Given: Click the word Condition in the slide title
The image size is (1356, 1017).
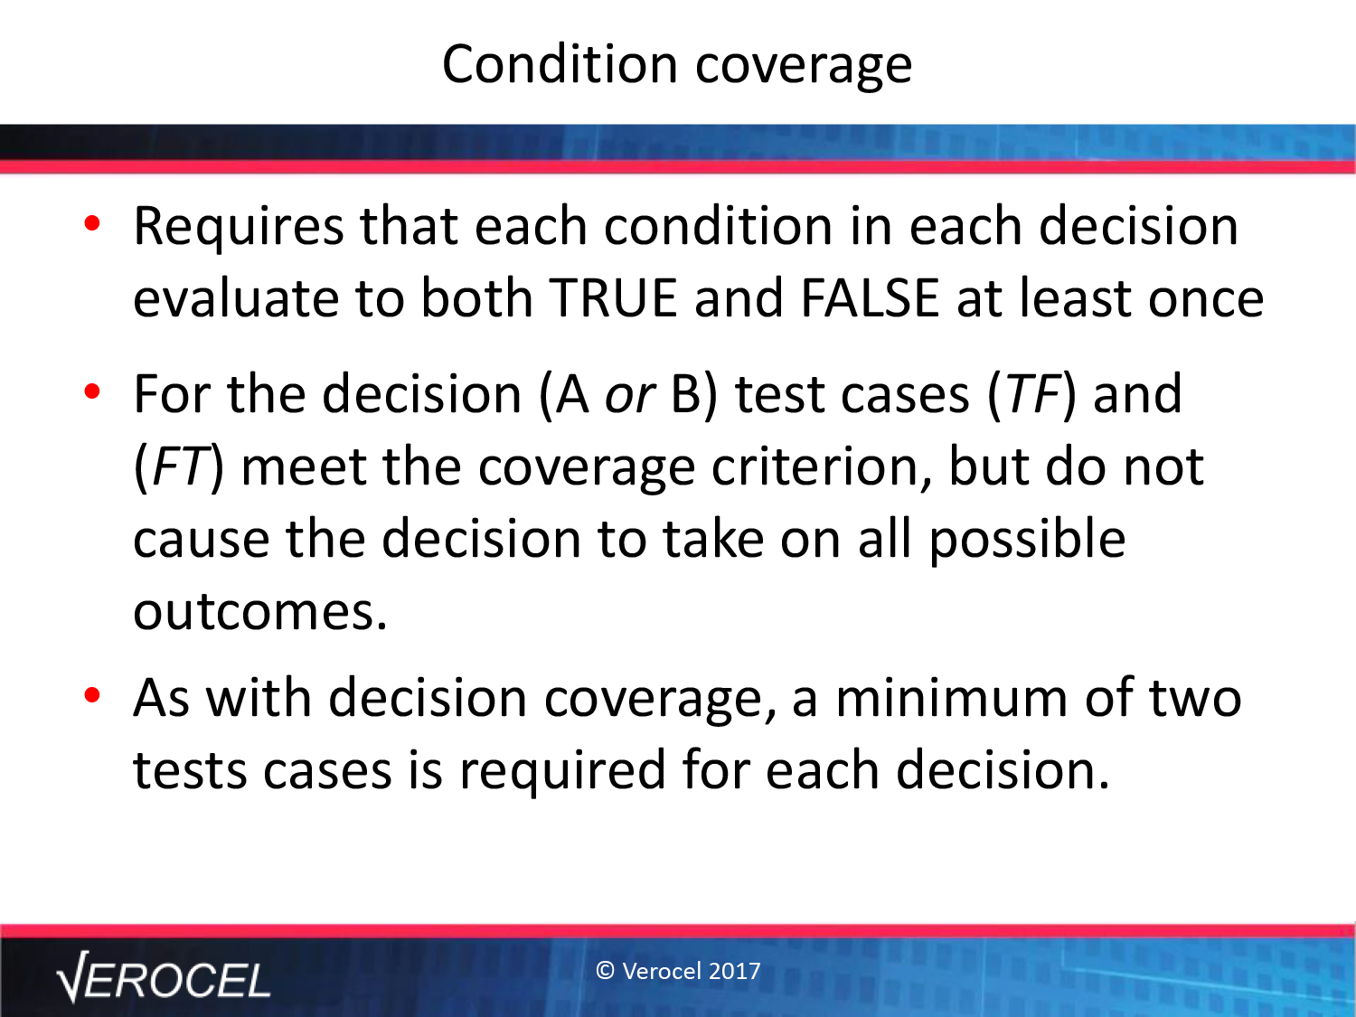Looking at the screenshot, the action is tap(560, 64).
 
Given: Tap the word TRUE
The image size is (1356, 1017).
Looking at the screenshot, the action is tap(614, 299).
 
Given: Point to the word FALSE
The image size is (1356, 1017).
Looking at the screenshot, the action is tap(870, 299).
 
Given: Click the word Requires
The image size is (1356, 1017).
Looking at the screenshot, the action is tap(239, 230).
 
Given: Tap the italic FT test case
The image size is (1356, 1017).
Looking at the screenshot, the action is tap(178, 466).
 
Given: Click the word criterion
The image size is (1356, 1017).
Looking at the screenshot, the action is tap(821, 467).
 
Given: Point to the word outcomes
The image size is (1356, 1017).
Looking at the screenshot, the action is tap(260, 612).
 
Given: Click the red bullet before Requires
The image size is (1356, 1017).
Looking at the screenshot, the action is tap(92, 223).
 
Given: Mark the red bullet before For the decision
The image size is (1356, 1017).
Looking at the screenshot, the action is tap(92, 391).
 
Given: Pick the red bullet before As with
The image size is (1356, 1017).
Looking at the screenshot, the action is tap(92, 695).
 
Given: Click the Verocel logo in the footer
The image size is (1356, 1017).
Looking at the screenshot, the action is tap(164, 977).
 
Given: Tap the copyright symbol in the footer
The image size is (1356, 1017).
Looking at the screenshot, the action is tap(605, 971).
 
